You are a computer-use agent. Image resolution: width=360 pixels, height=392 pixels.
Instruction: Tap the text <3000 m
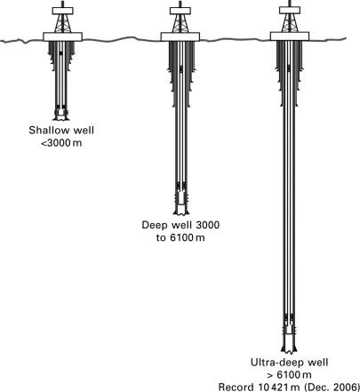tap(61, 143)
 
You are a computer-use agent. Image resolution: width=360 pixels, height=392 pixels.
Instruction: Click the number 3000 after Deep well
tap(207, 225)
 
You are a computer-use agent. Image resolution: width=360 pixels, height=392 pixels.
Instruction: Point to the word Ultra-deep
tap(274, 363)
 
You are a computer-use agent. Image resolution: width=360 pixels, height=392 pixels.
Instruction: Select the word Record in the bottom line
tap(236, 388)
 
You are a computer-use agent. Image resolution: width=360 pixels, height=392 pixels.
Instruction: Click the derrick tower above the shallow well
tap(62, 23)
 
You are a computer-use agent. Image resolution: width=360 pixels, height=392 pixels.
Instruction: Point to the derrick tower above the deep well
tap(180, 23)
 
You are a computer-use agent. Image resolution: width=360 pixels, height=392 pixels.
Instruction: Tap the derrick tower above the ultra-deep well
tap(290, 23)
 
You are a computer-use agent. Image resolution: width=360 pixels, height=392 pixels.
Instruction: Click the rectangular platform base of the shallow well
tap(62, 36)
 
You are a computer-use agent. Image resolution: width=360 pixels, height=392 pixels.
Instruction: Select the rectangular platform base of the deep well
tap(180, 36)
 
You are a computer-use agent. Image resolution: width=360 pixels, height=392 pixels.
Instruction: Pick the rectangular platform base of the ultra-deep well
tap(290, 36)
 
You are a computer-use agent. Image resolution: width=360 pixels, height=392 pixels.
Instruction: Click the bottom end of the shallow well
tap(61, 119)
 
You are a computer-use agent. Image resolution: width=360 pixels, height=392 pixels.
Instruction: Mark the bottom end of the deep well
tap(180, 214)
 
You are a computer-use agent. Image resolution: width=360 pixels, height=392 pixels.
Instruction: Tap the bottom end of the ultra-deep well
tap(289, 352)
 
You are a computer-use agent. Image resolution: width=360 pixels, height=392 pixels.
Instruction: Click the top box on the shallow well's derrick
tap(62, 11)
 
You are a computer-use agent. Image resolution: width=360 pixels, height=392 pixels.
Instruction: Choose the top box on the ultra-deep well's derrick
tap(290, 11)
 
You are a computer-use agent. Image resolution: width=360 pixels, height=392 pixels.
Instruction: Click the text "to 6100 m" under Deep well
tap(180, 237)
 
